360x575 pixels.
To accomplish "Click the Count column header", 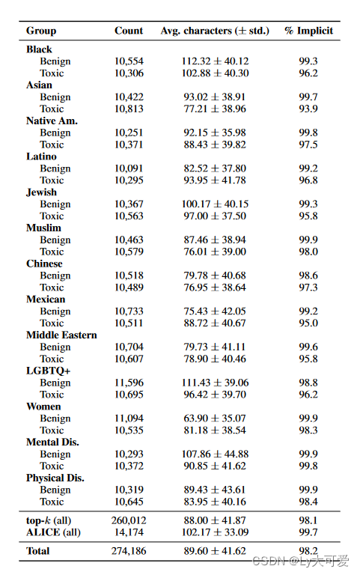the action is (x=129, y=31).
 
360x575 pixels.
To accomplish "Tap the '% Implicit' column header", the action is (x=308, y=31).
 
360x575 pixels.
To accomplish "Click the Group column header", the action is (x=41, y=31).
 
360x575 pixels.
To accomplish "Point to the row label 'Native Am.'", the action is (x=52, y=121).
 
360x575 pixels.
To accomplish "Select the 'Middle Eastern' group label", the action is (x=61, y=335).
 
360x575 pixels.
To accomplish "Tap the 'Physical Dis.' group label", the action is (x=55, y=478).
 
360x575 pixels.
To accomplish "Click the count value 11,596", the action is (x=129, y=383).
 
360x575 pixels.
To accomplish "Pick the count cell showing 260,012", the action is (x=129, y=520).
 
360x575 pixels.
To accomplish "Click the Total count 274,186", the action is (x=129, y=550).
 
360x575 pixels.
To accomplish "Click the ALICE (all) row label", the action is (x=53, y=532).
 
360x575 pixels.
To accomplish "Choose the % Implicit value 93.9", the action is (x=308, y=109).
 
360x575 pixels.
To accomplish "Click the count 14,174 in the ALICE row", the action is (x=129, y=532).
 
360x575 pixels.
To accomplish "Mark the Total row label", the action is (x=38, y=550).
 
